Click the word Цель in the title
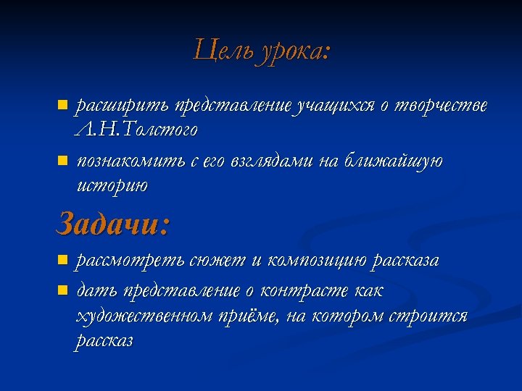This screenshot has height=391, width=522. [221, 51]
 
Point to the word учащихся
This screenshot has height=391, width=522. [334, 106]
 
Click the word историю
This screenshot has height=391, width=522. [112, 185]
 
